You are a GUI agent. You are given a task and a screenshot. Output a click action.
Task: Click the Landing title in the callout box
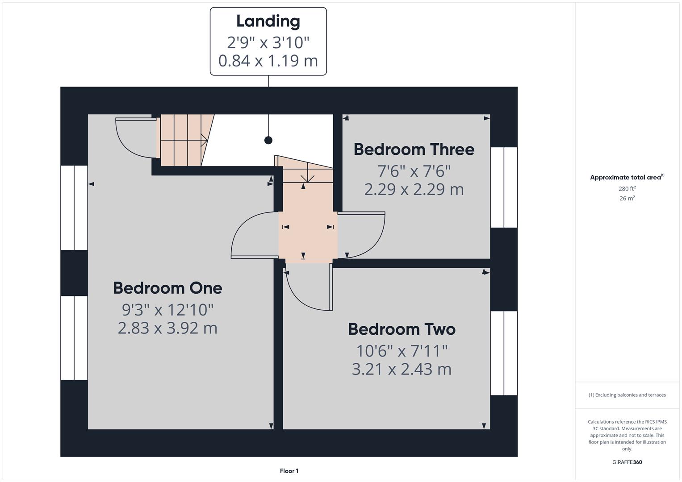(268, 21)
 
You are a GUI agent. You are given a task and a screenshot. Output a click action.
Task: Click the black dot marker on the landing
(268, 140)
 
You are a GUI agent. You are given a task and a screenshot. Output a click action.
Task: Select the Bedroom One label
(167, 288)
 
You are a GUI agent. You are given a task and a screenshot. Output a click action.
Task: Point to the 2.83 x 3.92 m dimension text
(167, 328)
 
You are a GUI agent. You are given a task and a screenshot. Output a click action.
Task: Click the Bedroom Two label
(402, 329)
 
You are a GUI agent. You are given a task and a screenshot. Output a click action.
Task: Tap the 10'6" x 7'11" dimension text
(402, 351)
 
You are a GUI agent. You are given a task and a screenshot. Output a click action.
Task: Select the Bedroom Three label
(414, 150)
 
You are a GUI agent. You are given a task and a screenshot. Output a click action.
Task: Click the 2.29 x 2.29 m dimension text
(414, 190)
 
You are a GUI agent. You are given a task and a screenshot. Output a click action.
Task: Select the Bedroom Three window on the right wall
(504, 187)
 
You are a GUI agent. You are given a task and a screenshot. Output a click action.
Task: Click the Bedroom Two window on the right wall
(504, 353)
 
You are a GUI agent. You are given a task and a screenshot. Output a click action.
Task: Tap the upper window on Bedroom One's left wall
(74, 208)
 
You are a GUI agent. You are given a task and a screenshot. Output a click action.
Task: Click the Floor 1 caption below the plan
(289, 471)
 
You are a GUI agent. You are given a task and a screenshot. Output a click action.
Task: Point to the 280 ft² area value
(627, 189)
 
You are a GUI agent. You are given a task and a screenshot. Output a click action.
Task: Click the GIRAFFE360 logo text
(627, 462)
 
